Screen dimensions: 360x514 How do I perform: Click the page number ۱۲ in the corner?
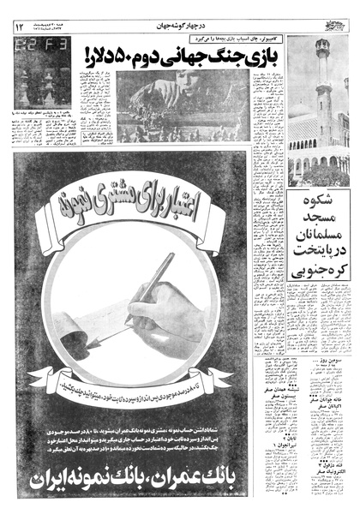pyautogui.click(x=19, y=27)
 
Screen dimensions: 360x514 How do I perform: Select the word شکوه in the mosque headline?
pyautogui.click(x=321, y=205)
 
